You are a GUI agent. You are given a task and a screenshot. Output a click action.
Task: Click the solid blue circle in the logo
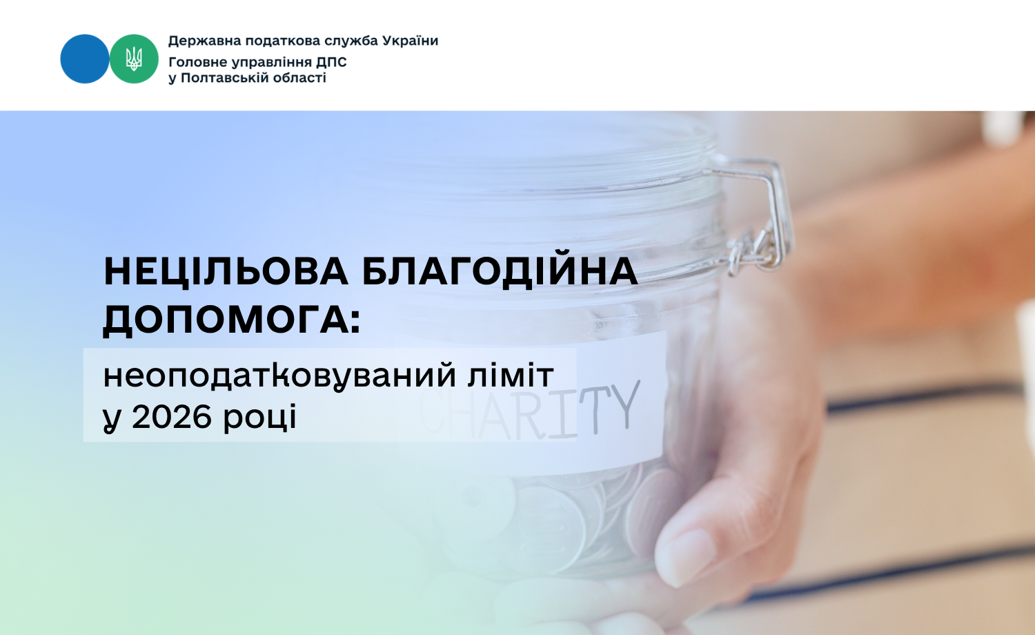(85, 59)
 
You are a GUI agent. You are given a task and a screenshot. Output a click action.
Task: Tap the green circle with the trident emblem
(134, 59)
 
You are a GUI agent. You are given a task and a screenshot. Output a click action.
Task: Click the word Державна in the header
(204, 41)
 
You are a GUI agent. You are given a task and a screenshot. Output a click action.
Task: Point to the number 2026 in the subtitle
(171, 418)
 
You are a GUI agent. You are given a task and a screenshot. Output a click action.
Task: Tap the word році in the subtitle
(259, 418)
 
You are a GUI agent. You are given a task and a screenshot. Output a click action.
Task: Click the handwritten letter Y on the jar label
(625, 404)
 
